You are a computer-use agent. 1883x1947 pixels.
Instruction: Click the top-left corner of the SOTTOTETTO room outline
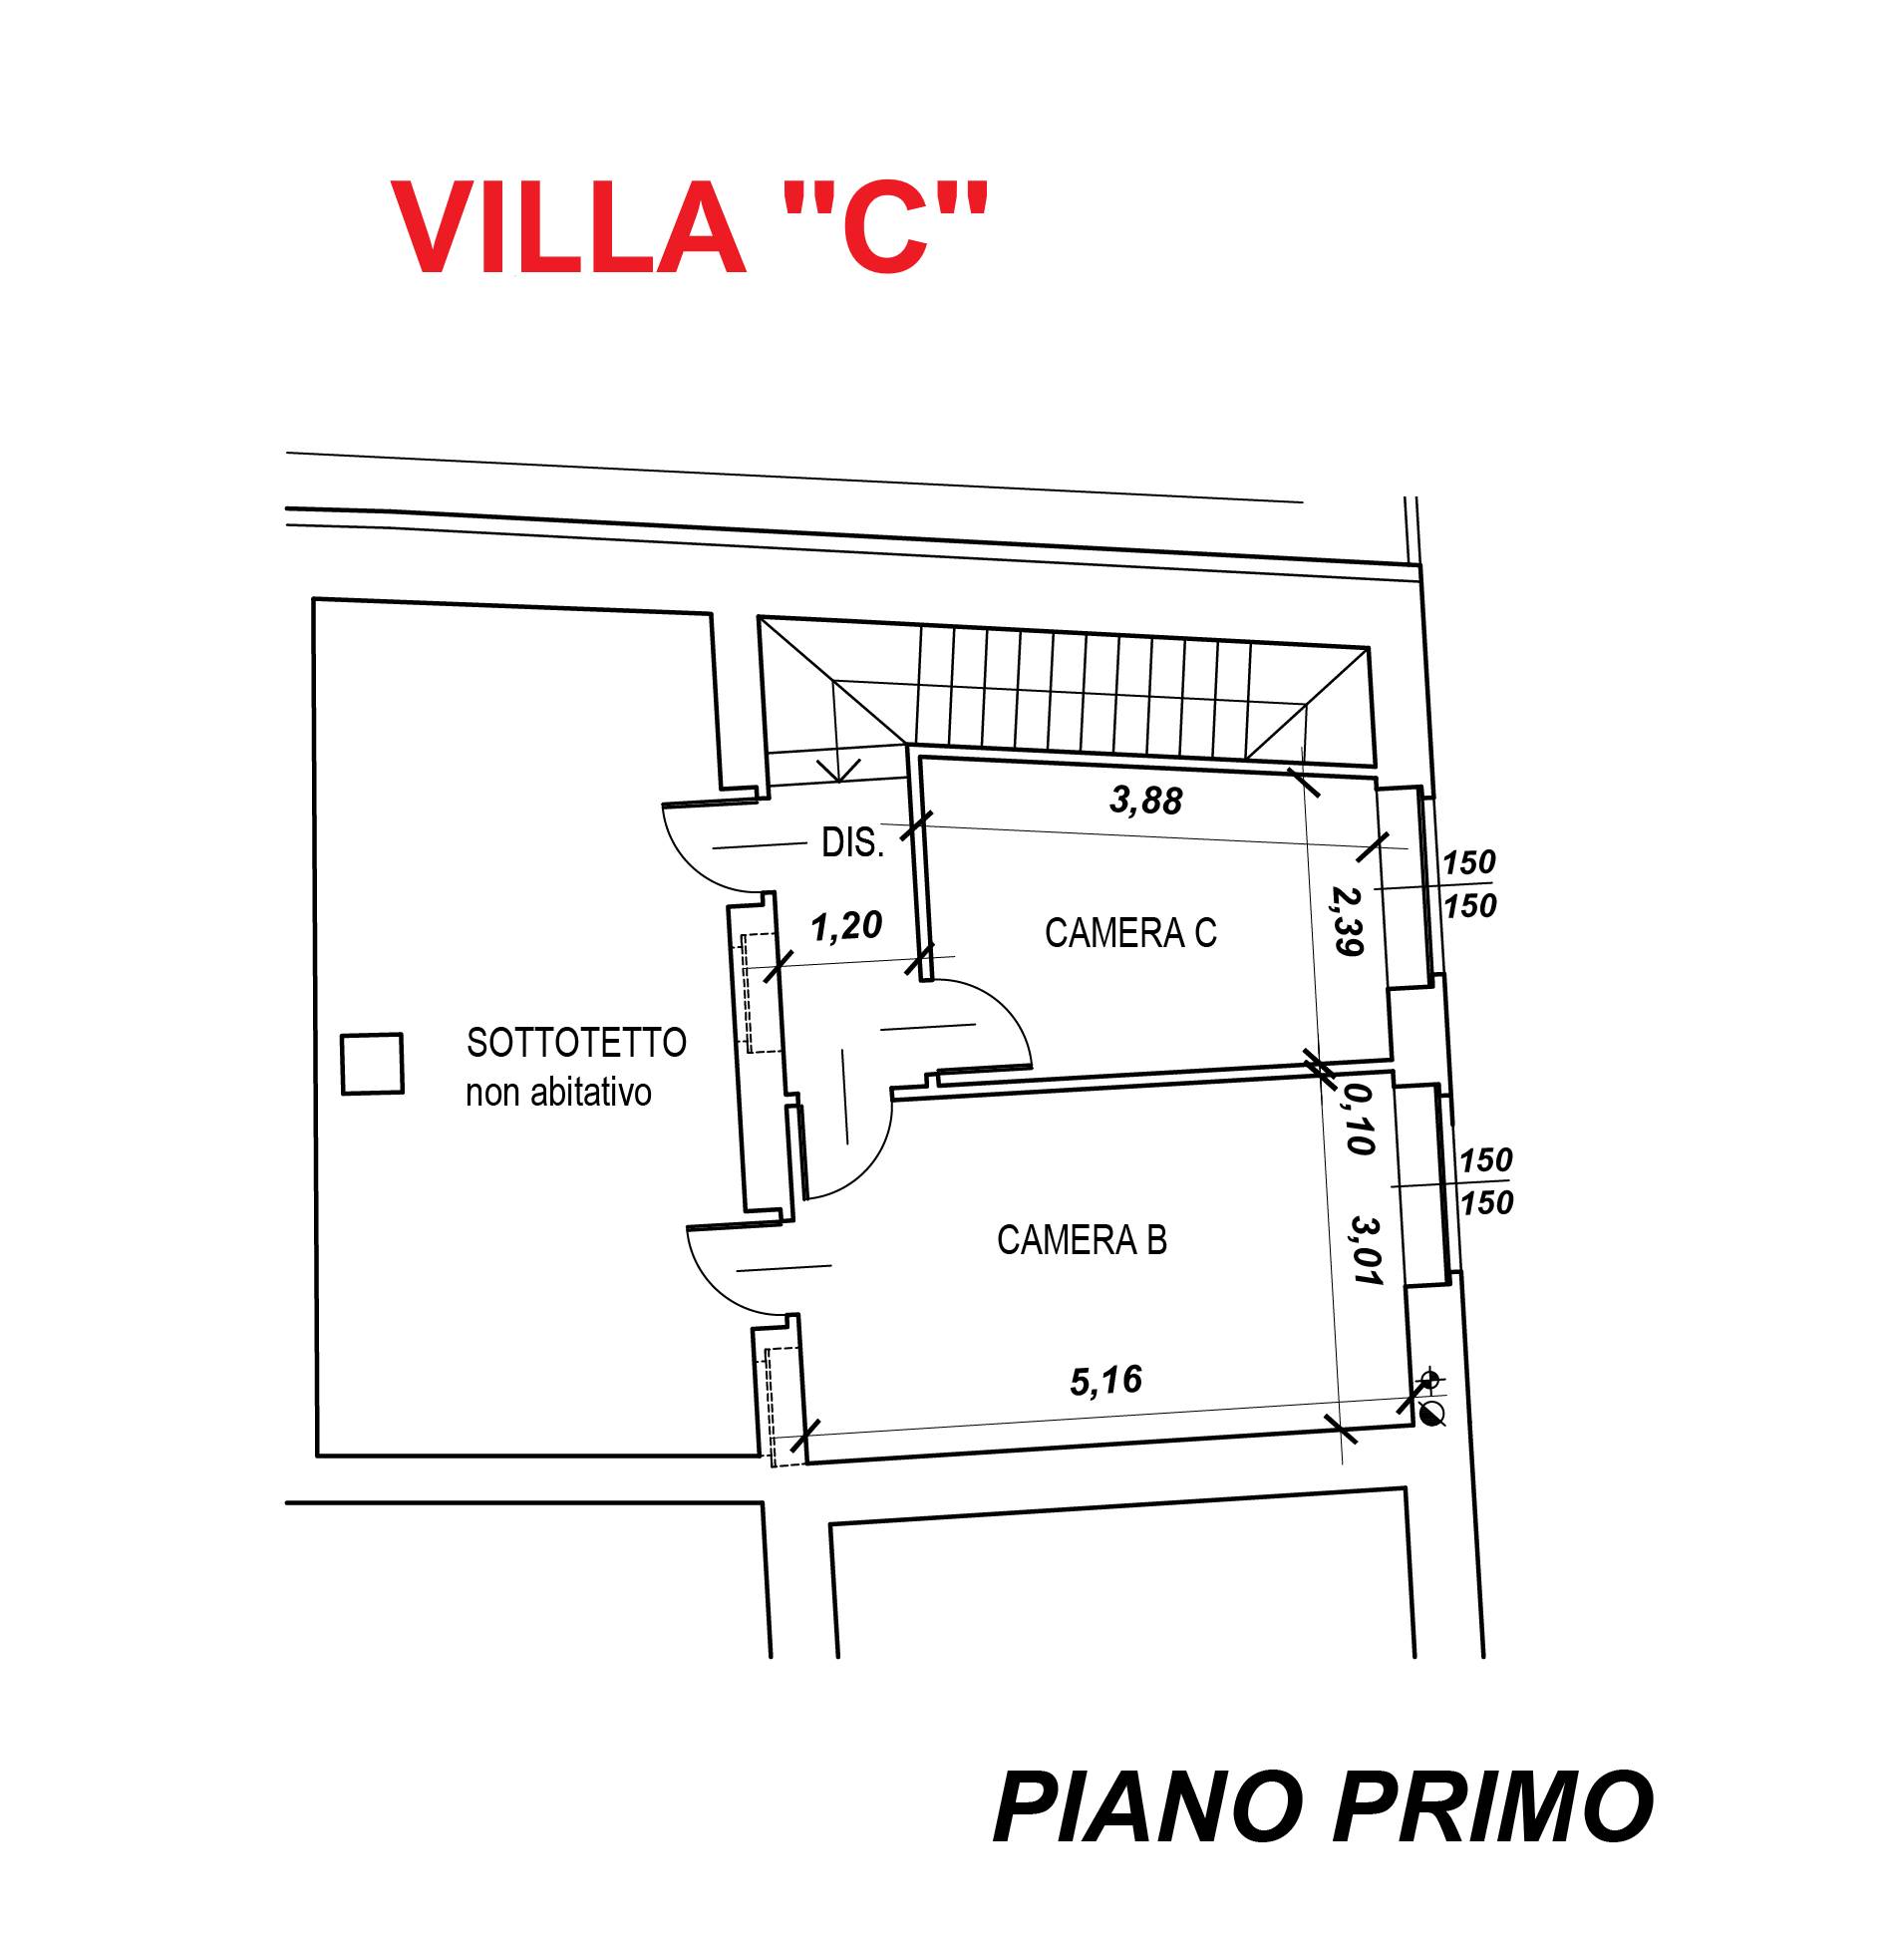314,599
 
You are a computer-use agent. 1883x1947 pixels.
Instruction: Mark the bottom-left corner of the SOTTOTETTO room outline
317,1457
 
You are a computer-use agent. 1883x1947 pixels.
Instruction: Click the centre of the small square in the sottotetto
372,1064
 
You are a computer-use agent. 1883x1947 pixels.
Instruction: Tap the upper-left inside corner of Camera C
922,760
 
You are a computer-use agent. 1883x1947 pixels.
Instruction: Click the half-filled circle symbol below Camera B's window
1432,1412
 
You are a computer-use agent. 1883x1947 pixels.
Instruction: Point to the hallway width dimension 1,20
847,928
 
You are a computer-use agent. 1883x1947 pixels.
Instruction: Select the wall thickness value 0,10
1355,1122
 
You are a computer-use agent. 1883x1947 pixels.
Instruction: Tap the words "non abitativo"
558,1094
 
